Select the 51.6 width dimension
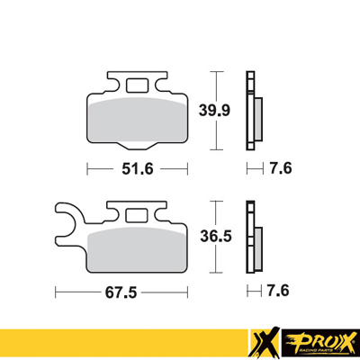tap(138, 167)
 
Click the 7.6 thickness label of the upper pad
tap(278, 167)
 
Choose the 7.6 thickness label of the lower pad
tap(278, 292)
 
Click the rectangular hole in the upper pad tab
tap(138, 87)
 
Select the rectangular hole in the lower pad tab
tap(138, 214)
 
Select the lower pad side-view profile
tap(254, 240)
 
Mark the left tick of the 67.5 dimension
tap(56, 292)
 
